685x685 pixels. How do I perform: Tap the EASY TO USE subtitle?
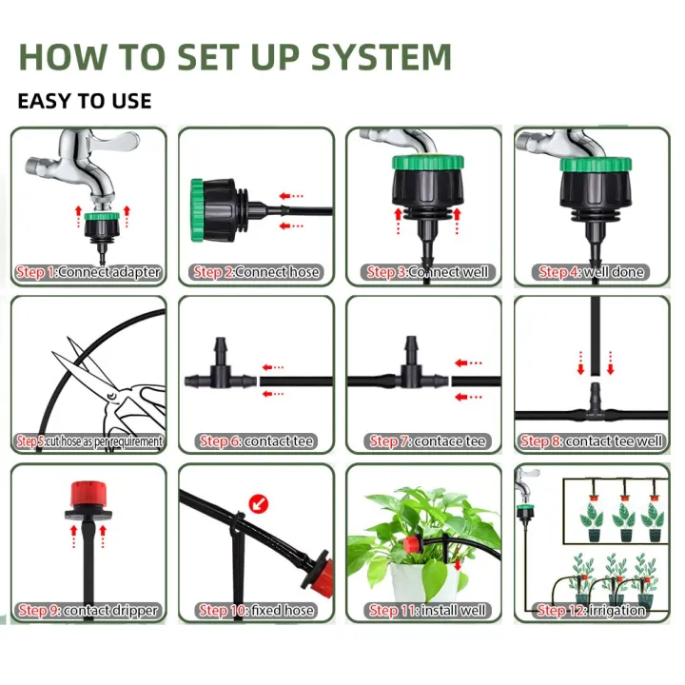85,101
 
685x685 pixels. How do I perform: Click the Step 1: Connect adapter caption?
88,273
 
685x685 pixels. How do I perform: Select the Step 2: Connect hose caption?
257,273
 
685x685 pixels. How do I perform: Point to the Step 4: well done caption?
592,273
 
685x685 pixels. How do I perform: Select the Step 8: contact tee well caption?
592,441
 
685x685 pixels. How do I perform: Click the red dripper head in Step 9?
88,496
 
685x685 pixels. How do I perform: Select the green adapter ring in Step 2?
198,205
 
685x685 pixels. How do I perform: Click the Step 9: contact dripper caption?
88,611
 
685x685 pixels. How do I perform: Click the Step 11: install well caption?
423,611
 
